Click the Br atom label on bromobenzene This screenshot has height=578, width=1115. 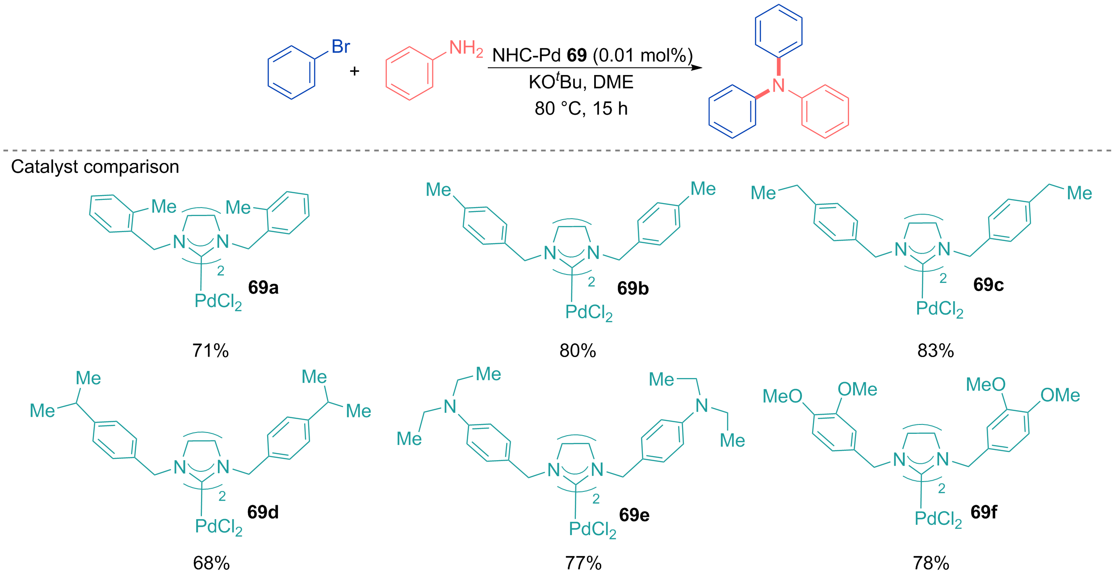[x=340, y=46]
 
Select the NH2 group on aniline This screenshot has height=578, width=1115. [x=466, y=48]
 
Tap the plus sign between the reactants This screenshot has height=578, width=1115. [x=354, y=71]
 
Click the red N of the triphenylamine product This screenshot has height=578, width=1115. [x=779, y=85]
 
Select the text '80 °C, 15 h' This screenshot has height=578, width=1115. [x=581, y=108]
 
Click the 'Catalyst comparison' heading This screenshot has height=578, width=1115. [x=95, y=166]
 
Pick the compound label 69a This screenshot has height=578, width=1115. [x=263, y=287]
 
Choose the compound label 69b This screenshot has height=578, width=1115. [x=633, y=288]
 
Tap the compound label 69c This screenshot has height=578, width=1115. [x=988, y=284]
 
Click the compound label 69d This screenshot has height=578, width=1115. [x=263, y=512]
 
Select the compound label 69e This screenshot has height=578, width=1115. [x=634, y=515]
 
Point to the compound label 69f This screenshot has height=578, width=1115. [x=984, y=512]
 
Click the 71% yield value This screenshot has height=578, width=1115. [x=210, y=351]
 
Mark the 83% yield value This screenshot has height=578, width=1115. [x=935, y=351]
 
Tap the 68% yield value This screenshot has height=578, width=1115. [x=211, y=563]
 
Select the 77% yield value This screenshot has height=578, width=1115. [x=583, y=563]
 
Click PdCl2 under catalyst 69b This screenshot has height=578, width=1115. [x=589, y=312]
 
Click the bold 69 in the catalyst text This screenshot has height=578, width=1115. [x=577, y=55]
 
